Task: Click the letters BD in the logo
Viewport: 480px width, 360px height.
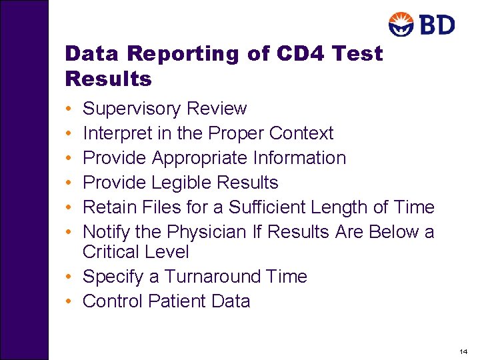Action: pyautogui.click(x=437, y=25)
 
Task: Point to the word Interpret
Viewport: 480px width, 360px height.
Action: pyautogui.click(x=118, y=133)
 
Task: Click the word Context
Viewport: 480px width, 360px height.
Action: pyautogui.click(x=301, y=133)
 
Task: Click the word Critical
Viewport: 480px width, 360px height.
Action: pyautogui.click(x=110, y=252)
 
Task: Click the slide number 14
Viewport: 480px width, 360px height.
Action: pyautogui.click(x=463, y=351)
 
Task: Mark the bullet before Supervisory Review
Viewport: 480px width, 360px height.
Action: pyautogui.click(x=69, y=109)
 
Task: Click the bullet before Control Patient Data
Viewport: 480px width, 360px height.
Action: pyautogui.click(x=69, y=301)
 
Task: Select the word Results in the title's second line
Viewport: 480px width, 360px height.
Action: pyautogui.click(x=109, y=79)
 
